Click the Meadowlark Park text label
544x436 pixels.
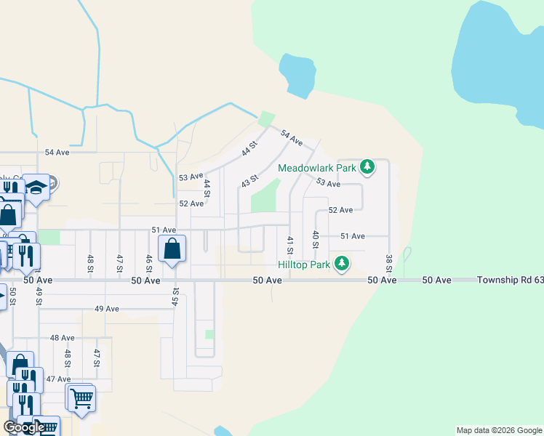[317, 168]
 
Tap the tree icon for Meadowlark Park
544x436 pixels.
[368, 168]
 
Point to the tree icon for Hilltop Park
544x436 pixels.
[340, 264]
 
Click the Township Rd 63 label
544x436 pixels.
[509, 280]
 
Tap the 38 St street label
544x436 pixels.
[389, 264]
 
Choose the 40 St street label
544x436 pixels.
[315, 239]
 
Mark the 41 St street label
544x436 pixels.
[290, 245]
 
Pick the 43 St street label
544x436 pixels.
[250, 179]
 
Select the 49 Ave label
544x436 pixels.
[106, 309]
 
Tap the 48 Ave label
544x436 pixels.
[63, 338]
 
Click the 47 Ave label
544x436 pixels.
[58, 379]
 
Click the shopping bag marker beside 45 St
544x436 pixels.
[172, 249]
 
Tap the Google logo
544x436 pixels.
[23, 427]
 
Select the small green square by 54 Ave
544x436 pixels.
[267, 118]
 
